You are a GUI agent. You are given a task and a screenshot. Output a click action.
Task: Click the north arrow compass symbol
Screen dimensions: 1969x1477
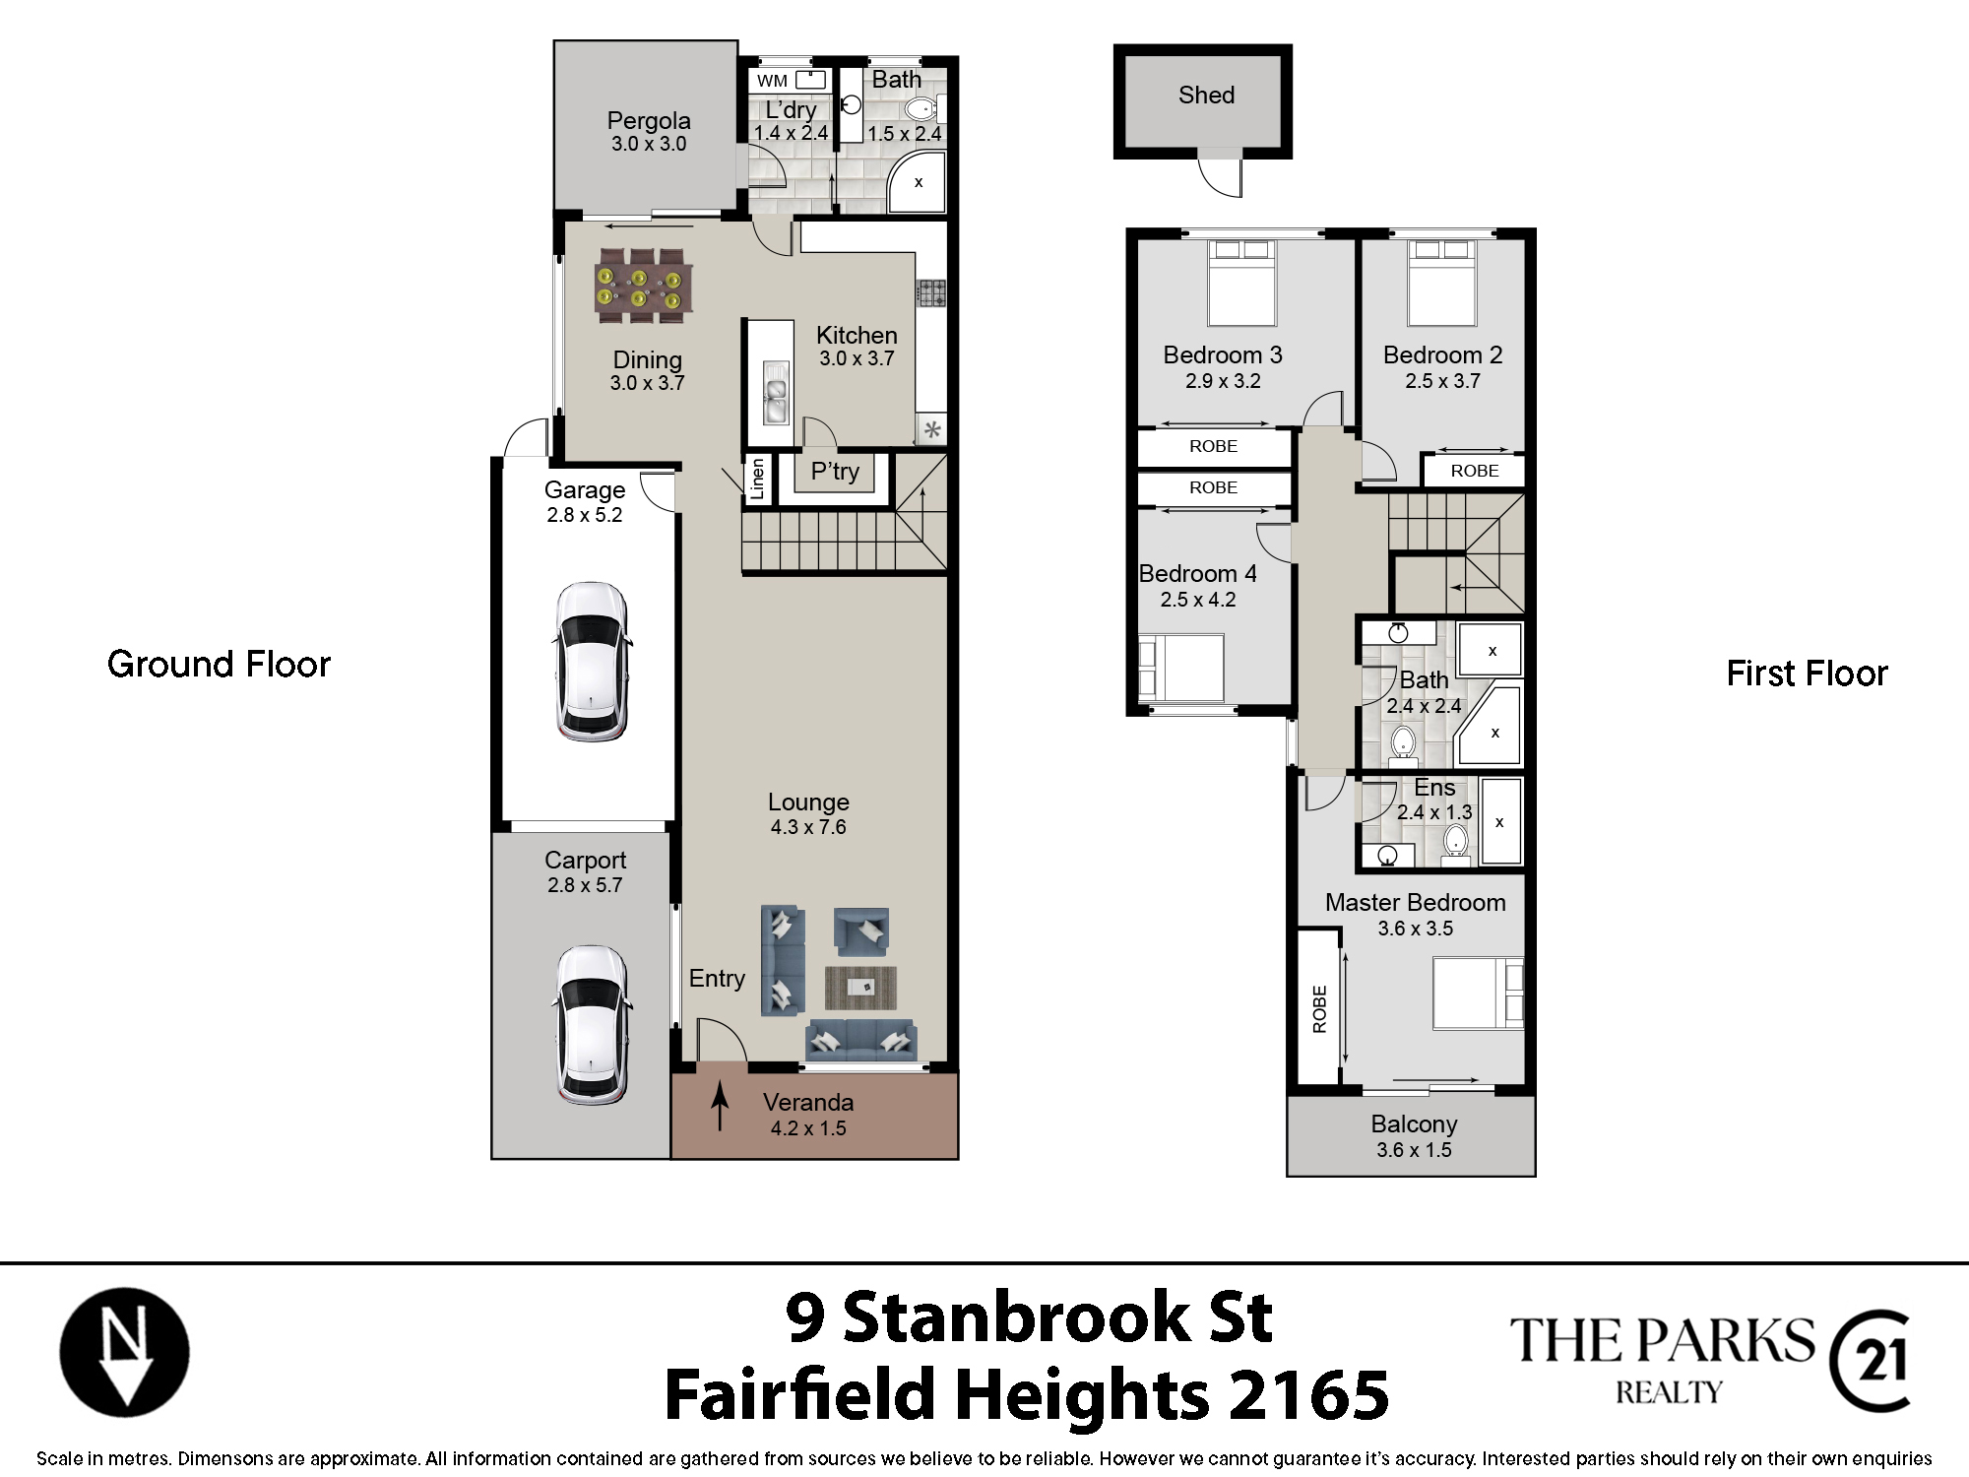[124, 1351]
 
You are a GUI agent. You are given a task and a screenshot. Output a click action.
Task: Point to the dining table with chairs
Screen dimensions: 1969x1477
[644, 286]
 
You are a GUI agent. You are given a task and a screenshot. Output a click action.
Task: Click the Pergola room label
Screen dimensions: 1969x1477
[649, 120]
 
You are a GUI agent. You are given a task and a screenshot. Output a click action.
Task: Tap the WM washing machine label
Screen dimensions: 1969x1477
[772, 81]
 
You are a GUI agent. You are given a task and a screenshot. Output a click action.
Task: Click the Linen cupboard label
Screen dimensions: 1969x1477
[757, 480]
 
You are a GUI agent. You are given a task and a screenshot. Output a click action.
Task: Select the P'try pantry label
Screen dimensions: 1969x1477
[835, 472]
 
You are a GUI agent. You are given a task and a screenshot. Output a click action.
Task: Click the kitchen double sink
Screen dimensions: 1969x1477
[776, 392]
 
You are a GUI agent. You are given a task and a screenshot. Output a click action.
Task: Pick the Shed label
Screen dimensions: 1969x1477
[1206, 95]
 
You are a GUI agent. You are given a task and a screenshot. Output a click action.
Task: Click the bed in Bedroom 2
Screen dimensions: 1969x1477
[1442, 283]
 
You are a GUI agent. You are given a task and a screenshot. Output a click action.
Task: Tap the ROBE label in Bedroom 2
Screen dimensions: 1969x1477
[1475, 471]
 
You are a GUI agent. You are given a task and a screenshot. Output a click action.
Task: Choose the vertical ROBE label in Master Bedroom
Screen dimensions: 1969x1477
[1320, 1009]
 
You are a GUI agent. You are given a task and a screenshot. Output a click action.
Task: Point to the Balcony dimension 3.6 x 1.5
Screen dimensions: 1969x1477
[1414, 1149]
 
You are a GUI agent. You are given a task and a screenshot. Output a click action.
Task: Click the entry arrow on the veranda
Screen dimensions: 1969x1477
[720, 1106]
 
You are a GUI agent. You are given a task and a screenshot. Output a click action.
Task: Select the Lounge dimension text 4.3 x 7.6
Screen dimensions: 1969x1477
[808, 827]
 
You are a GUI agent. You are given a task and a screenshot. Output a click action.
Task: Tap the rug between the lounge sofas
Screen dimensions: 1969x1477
[860, 988]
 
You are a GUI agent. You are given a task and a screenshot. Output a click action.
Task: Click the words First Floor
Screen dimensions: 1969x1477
[1807, 674]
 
